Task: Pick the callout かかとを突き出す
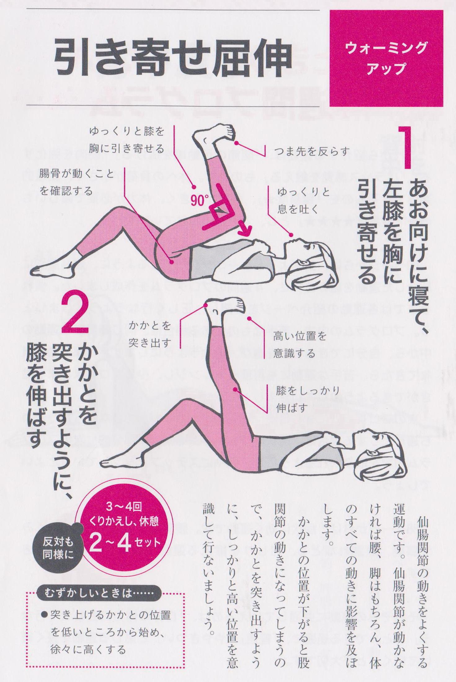[150, 334]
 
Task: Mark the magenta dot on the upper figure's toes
[236, 143]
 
